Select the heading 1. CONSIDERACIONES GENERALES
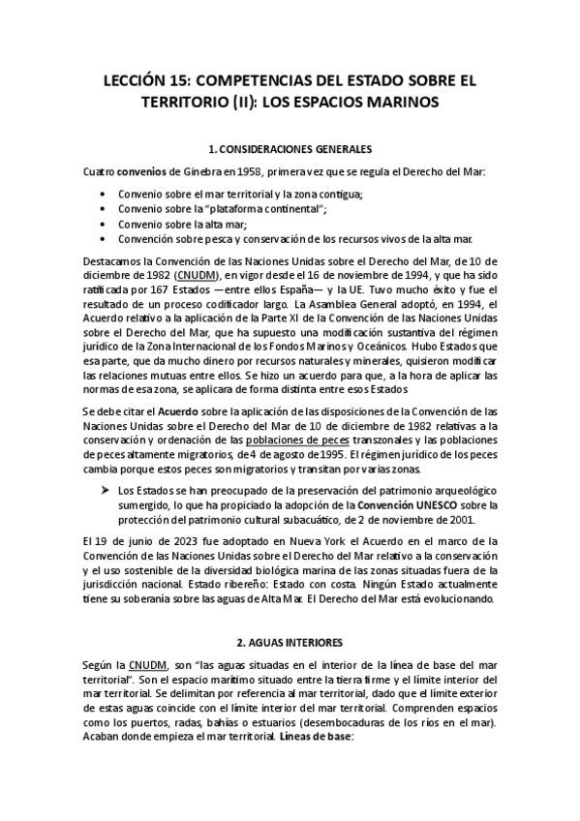(290, 150)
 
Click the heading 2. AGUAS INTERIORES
(290, 642)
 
